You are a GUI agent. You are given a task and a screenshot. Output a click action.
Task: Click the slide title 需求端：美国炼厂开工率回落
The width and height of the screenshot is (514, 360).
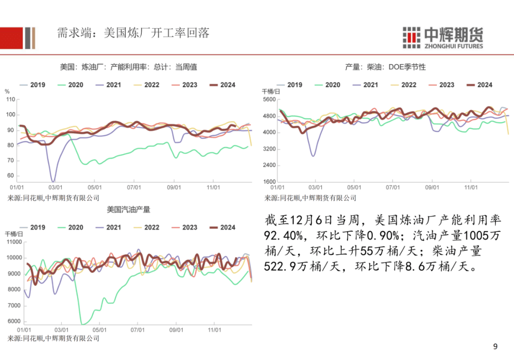pyautogui.click(x=133, y=33)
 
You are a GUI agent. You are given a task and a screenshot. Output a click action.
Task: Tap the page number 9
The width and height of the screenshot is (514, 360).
pyautogui.click(x=495, y=346)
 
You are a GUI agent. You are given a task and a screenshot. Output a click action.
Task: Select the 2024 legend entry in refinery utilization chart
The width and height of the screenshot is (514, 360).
pyautogui.click(x=222, y=85)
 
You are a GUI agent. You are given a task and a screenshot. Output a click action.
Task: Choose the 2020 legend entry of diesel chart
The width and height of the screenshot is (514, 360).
pyautogui.click(x=327, y=85)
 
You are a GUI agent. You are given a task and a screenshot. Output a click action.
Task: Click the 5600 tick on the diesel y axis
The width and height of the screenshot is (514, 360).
pyautogui.click(x=269, y=100)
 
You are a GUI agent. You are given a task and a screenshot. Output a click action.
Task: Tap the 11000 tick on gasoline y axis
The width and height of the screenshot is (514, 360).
pyautogui.click(x=13, y=242)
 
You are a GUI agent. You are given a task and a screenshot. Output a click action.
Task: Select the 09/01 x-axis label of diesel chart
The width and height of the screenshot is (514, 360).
pyautogui.click(x=432, y=188)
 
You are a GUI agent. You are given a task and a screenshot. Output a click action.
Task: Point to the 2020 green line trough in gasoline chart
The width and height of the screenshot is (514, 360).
pyautogui.click(x=83, y=324)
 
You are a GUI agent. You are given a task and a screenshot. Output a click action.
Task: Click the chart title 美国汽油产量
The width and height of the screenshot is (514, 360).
pyautogui.click(x=128, y=209)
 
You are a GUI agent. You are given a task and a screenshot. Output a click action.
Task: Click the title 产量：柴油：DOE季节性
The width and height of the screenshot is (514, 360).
pyautogui.click(x=385, y=67)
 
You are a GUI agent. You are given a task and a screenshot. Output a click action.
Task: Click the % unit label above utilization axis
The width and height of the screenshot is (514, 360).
pyautogui.click(x=7, y=91)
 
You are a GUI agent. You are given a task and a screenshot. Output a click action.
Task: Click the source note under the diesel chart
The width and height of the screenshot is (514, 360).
pyautogui.click(x=310, y=198)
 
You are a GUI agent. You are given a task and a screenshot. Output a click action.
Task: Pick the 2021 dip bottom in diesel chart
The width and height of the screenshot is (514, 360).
pyautogui.click(x=313, y=155)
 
